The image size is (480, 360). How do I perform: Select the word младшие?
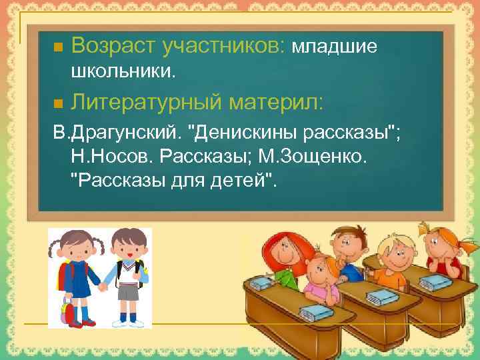click(335, 47)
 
